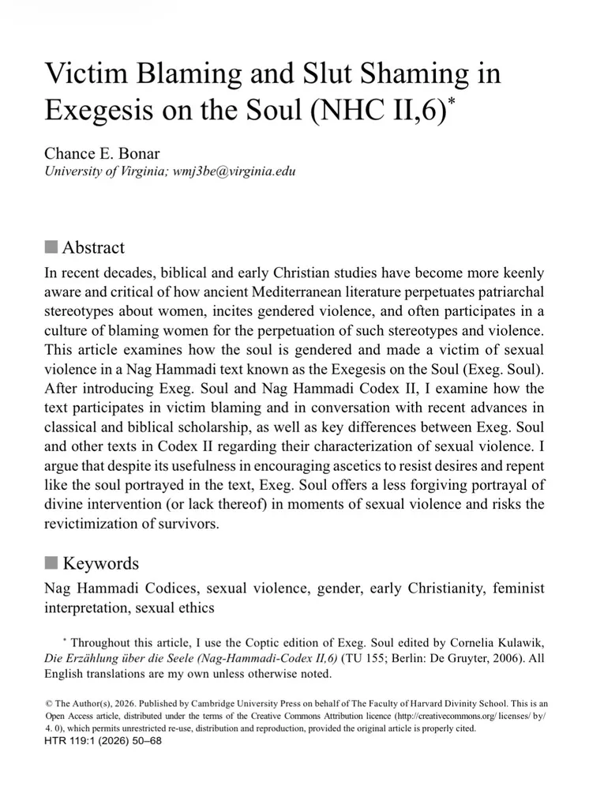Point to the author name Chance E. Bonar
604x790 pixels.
point(102,153)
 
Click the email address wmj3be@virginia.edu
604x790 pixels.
point(234,171)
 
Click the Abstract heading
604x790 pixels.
point(93,247)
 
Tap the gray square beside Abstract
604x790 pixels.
point(51,247)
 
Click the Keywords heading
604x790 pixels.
point(100,563)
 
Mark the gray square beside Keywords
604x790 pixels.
point(51,563)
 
